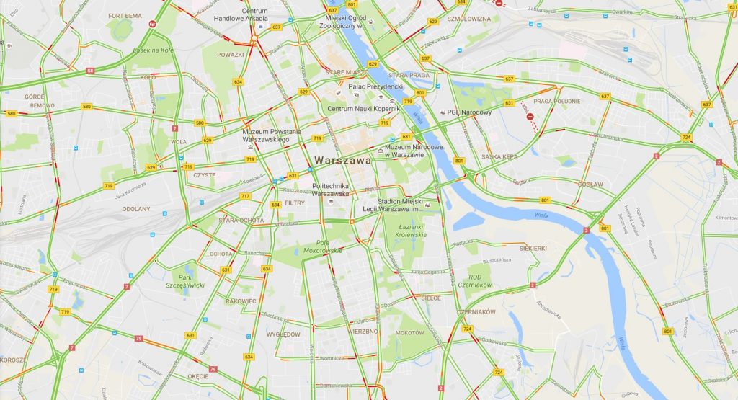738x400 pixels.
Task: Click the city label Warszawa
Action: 343,160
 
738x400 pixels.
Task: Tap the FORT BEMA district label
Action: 125,15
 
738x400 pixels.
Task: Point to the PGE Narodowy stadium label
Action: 469,112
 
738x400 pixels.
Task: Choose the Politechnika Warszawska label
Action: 331,190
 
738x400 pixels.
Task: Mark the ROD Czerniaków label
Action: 474,281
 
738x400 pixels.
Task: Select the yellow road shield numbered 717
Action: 245,196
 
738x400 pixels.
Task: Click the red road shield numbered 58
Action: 90,71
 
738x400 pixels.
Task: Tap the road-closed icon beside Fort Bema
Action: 153,23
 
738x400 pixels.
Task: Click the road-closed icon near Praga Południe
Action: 530,115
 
